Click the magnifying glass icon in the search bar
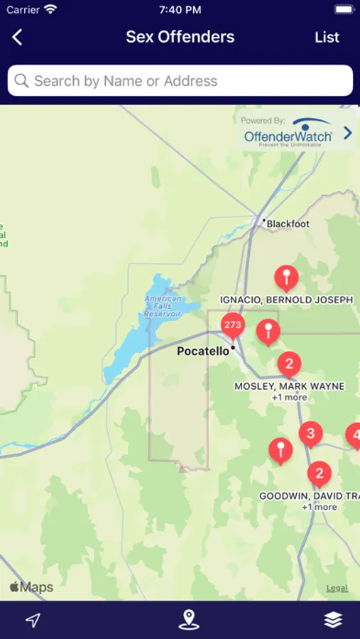point(21,81)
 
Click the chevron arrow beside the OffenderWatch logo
point(347,133)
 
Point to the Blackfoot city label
point(288,224)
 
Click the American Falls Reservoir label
point(163,306)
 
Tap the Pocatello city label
point(203,351)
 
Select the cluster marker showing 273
point(232,326)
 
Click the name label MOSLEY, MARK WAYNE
point(289,386)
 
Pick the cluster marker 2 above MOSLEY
point(289,365)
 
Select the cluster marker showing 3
point(310,433)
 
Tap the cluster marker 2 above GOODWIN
point(319,474)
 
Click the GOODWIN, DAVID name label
point(310,496)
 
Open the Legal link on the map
point(337,588)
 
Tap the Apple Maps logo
point(31,587)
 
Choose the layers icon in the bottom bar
point(332,620)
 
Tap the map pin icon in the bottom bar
point(188,620)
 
